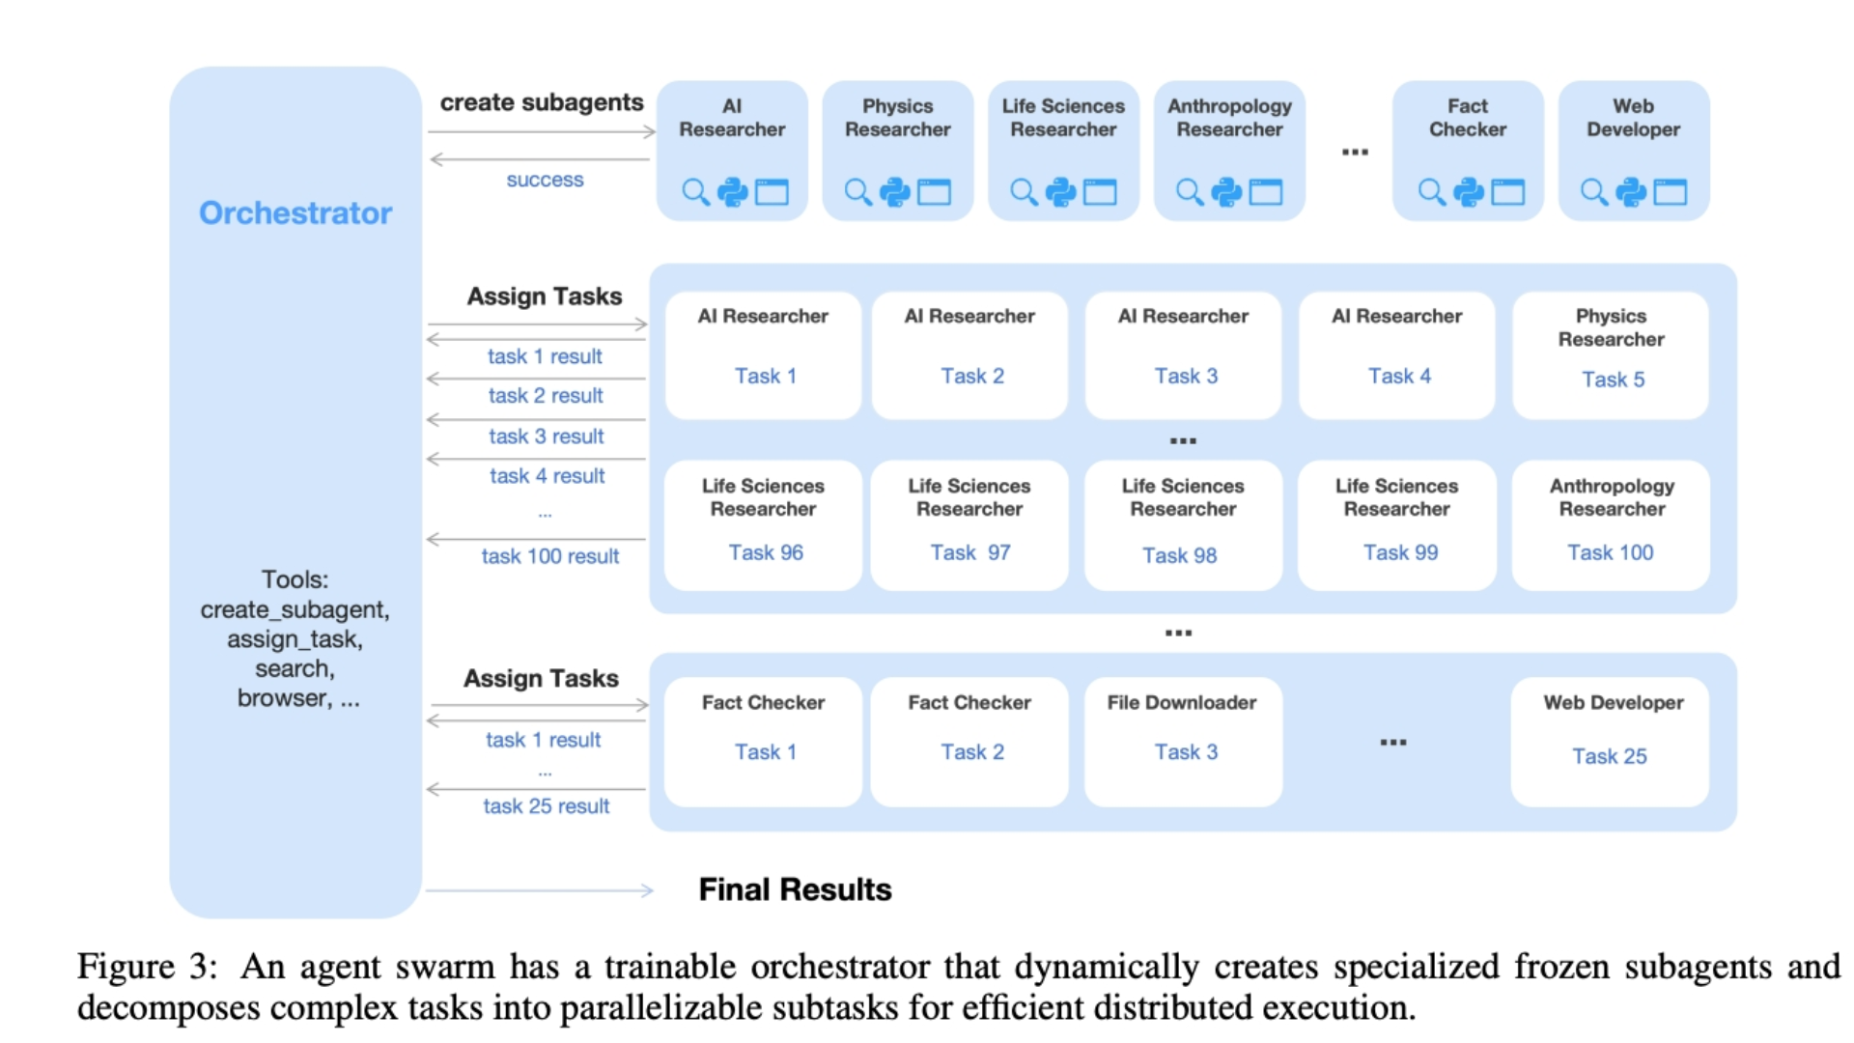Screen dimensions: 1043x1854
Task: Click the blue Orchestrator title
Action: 295,212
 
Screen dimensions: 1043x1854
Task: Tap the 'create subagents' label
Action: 541,102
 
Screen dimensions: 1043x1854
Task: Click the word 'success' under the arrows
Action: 545,180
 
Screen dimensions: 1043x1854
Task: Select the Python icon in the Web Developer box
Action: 1631,192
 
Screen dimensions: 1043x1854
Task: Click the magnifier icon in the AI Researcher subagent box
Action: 695,192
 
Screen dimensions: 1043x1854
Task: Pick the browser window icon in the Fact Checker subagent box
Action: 1507,192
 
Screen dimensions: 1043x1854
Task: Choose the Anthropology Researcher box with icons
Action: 1229,151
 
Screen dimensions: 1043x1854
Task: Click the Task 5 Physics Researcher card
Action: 1611,355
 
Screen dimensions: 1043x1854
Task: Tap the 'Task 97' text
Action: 970,552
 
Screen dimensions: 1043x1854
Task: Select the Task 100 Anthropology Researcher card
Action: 1611,524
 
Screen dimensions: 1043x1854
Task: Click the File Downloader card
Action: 1183,741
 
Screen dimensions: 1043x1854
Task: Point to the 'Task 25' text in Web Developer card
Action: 1609,756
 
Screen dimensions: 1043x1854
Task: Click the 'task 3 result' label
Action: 547,437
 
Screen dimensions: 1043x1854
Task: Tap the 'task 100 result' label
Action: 550,556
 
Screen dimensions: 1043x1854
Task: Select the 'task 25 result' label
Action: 547,806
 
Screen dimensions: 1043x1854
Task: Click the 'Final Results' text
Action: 795,889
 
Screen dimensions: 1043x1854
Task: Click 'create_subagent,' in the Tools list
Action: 295,609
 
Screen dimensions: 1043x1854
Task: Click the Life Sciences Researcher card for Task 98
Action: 1183,524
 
